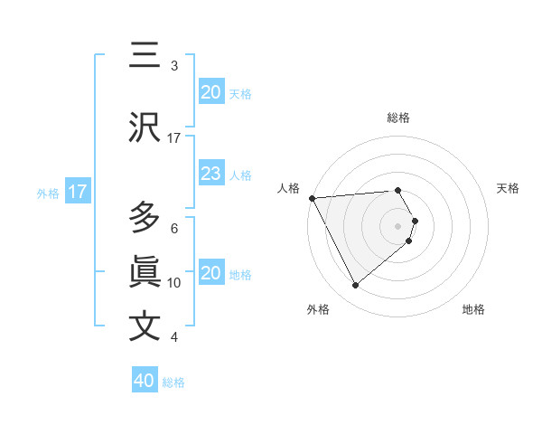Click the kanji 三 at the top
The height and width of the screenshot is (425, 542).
point(145,57)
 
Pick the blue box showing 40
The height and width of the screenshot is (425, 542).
point(145,381)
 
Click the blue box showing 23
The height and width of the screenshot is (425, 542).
point(211,174)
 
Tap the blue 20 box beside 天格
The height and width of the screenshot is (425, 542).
point(211,92)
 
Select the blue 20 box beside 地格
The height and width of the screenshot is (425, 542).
point(211,273)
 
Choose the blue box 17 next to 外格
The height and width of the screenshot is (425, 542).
point(78,192)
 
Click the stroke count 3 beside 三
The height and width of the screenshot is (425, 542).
point(174,66)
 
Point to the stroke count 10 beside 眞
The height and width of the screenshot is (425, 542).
point(174,283)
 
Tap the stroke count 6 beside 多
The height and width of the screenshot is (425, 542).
point(174,229)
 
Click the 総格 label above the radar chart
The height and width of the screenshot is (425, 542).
point(398,118)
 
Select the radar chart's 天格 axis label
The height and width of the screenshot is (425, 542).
point(509,188)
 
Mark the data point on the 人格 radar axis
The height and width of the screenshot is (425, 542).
point(312,198)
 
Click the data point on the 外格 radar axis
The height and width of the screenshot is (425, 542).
point(355,286)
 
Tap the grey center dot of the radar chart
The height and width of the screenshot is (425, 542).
point(398,225)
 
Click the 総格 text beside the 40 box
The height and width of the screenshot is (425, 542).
point(173,382)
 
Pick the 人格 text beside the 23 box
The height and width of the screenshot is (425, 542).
point(240,175)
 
